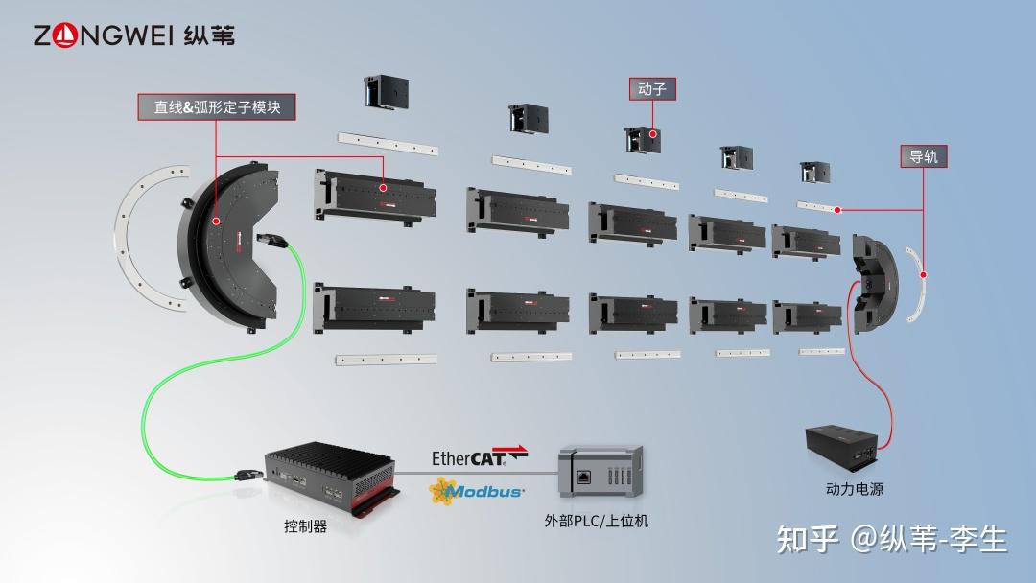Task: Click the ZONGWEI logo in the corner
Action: tap(134, 35)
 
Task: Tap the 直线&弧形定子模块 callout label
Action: tap(217, 107)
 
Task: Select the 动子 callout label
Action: tap(652, 88)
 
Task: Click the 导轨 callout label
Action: tap(924, 156)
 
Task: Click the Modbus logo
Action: tap(477, 492)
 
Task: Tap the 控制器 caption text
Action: tap(305, 526)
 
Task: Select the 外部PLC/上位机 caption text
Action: tap(597, 521)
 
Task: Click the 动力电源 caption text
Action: tap(855, 489)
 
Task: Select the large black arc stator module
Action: tap(228, 245)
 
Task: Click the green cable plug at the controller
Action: tap(247, 474)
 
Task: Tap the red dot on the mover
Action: tap(653, 134)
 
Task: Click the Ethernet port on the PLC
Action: tap(584, 477)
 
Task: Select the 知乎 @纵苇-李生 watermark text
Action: tap(892, 540)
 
